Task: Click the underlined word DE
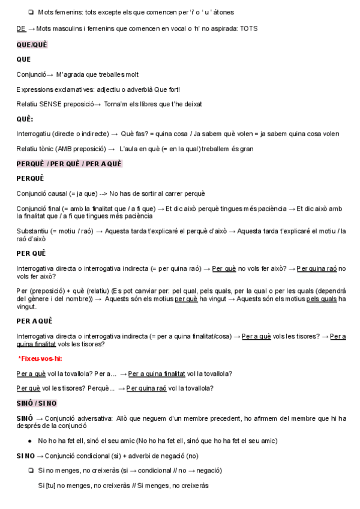click(21, 28)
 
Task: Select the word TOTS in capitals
click(249, 28)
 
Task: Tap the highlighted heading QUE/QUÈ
click(32, 44)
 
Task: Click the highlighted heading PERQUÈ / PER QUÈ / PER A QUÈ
click(69, 164)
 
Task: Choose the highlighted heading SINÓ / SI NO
click(37, 403)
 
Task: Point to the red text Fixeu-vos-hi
click(40, 358)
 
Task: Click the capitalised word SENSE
click(52, 104)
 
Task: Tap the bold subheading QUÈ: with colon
click(25, 119)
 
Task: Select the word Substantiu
click(34, 231)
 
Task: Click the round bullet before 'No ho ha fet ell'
click(30, 441)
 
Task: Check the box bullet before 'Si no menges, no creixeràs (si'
click(30, 471)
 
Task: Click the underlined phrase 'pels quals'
click(322, 298)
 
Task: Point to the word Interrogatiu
click(34, 133)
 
